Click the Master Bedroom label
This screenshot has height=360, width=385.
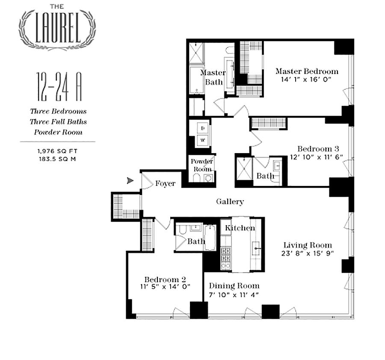click(x=307, y=71)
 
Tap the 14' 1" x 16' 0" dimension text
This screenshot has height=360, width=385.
click(x=307, y=80)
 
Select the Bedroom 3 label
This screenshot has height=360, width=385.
click(x=318, y=149)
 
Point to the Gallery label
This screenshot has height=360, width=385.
click(x=230, y=202)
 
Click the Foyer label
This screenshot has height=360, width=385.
click(x=165, y=183)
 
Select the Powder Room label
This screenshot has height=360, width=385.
click(x=202, y=165)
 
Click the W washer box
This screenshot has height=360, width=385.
click(x=203, y=139)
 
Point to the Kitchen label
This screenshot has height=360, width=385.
click(x=240, y=228)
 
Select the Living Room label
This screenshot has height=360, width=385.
click(x=308, y=245)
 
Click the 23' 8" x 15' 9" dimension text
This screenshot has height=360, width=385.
click(x=308, y=253)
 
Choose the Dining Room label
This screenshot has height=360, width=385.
click(x=234, y=286)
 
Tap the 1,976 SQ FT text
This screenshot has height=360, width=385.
click(x=57, y=150)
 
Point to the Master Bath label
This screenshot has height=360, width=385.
click(x=213, y=77)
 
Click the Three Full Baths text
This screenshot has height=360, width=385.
click(x=58, y=122)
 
